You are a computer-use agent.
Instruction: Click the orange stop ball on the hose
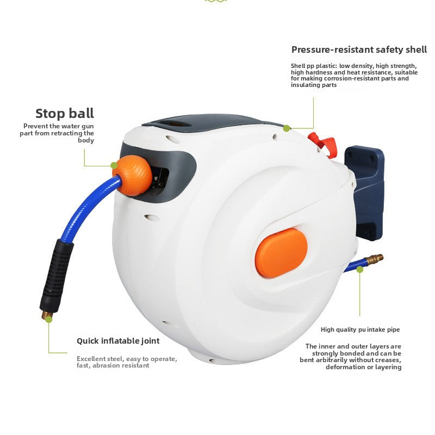pyautogui.click(x=133, y=175)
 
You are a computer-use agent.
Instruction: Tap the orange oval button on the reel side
pyautogui.click(x=281, y=253)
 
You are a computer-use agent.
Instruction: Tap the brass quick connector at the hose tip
pyautogui.click(x=46, y=314)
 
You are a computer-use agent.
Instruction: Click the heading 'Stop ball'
pyautogui.click(x=65, y=114)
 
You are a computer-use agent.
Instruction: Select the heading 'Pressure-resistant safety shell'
pyautogui.click(x=359, y=50)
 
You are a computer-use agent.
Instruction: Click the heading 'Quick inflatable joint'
pyautogui.click(x=118, y=341)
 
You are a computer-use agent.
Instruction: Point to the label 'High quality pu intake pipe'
pyautogui.click(x=360, y=330)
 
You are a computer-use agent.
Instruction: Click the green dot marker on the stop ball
pyautogui.click(x=114, y=165)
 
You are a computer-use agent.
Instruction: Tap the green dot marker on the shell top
pyautogui.click(x=287, y=128)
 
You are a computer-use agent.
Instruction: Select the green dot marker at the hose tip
pyautogui.click(x=48, y=320)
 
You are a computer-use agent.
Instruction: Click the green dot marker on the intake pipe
pyautogui.click(x=359, y=269)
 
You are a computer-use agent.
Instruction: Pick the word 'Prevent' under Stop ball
pyautogui.click(x=35, y=126)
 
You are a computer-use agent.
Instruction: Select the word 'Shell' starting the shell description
pyautogui.click(x=299, y=66)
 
